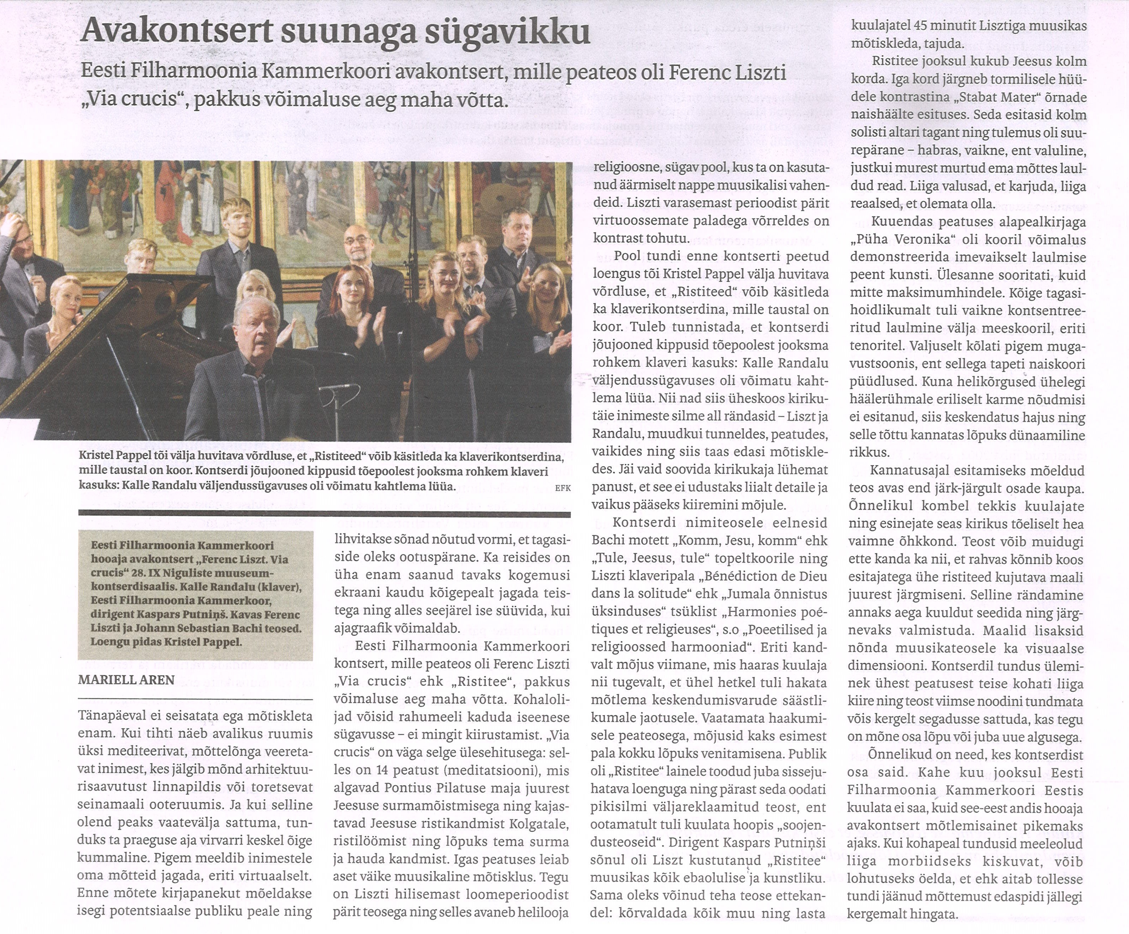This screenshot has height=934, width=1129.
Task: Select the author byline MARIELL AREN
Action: [127, 679]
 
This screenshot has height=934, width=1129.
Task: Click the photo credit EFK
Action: [563, 488]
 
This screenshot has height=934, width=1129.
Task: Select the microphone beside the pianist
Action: [339, 387]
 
